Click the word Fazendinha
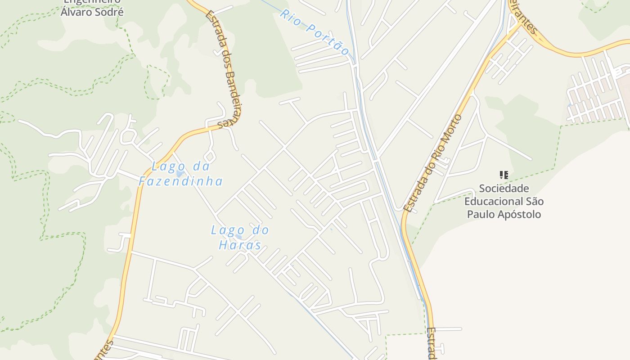[180, 181]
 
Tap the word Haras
[240, 245]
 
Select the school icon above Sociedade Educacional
[504, 175]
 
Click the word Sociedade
[504, 188]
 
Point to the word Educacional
[493, 201]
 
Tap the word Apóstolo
[519, 214]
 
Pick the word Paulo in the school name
[480, 214]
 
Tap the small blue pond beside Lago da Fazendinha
[180, 174]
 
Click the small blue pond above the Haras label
[238, 237]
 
